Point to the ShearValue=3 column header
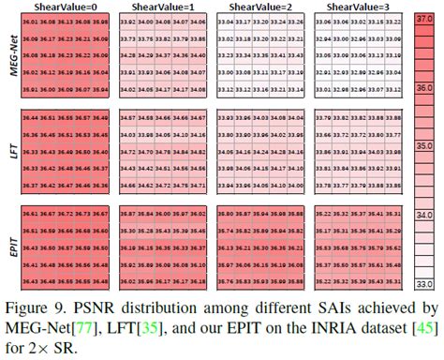pyautogui.click(x=351, y=7)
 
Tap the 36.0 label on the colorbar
pyautogui.click(x=424, y=88)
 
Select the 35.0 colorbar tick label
pyautogui.click(x=424, y=147)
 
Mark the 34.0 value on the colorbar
pyautogui.click(x=424, y=215)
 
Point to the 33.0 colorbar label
pyautogui.click(x=424, y=282)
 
